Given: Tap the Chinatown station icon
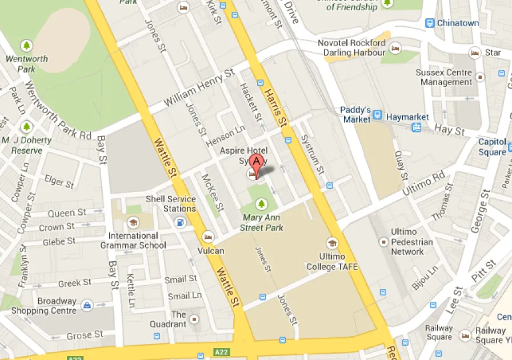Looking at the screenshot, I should point(429,23).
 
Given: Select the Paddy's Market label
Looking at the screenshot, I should point(356,114).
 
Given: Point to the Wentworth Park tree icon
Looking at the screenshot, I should point(26,45).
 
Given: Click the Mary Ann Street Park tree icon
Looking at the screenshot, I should point(262,203).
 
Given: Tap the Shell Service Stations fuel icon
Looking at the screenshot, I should point(181,222).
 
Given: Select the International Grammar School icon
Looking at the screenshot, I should point(133,222).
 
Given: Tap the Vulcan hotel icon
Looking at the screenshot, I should point(208,237).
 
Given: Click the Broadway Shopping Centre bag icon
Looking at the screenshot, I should point(86,305).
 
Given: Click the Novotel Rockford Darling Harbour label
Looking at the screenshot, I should point(351,48).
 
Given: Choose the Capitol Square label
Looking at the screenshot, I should point(492,147).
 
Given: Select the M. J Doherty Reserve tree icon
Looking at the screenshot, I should point(26,126).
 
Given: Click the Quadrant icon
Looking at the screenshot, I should point(195,318).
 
